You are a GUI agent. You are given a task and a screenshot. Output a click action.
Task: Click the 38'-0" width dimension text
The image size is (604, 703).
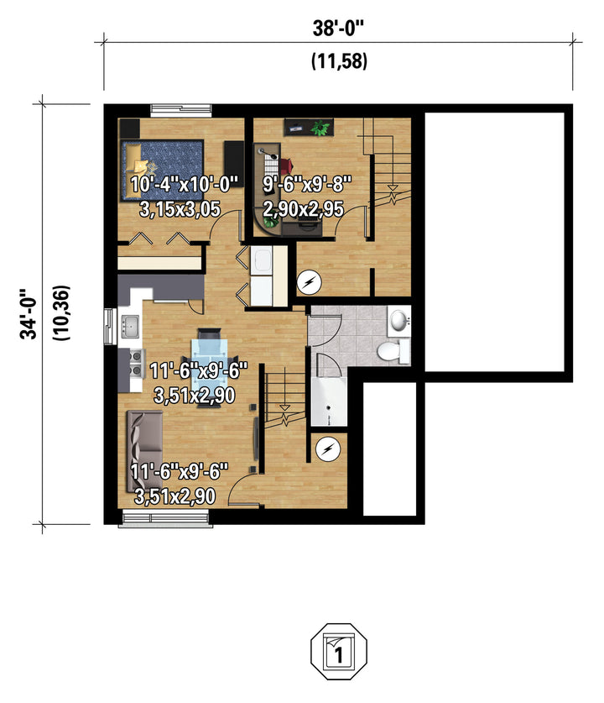(338, 29)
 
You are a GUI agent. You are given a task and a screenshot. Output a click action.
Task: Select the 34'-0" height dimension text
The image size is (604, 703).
(29, 314)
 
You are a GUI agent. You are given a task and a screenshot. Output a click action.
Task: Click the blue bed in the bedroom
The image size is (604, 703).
(162, 170)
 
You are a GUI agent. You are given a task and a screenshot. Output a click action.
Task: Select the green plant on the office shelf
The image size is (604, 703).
(320, 128)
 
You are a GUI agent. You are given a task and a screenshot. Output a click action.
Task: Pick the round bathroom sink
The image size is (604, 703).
(398, 320)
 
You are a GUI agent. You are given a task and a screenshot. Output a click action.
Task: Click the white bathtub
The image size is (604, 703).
(329, 401)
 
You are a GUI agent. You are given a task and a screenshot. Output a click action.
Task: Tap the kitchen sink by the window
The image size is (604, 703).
(130, 326)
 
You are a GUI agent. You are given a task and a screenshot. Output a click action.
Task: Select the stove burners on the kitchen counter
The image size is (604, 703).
(136, 364)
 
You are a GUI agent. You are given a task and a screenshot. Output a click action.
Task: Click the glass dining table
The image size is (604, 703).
(209, 366)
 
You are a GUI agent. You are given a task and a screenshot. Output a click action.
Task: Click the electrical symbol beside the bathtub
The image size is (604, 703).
(328, 449)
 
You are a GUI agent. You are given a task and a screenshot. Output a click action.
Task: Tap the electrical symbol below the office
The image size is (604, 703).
(310, 282)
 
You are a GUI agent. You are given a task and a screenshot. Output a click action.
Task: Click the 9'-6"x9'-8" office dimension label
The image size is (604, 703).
(307, 184)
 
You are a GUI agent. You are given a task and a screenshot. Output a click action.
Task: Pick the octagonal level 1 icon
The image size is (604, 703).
(339, 652)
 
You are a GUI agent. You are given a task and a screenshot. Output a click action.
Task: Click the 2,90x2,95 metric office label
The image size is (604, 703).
(304, 209)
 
